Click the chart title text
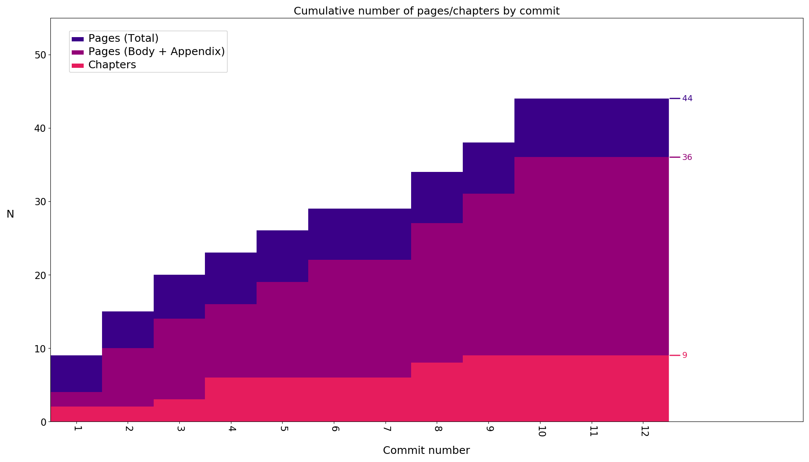point(426,11)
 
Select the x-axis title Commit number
point(426,450)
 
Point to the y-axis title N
point(10,214)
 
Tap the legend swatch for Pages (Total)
point(78,39)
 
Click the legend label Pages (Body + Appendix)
point(156,52)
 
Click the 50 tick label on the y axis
point(41,55)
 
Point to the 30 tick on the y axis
point(41,202)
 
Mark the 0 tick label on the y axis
point(44,422)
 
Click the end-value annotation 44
point(687,99)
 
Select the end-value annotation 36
point(687,157)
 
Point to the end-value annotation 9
point(685,355)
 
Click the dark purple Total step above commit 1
point(76,374)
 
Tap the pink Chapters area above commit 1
point(76,414)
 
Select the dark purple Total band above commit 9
point(489,168)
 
